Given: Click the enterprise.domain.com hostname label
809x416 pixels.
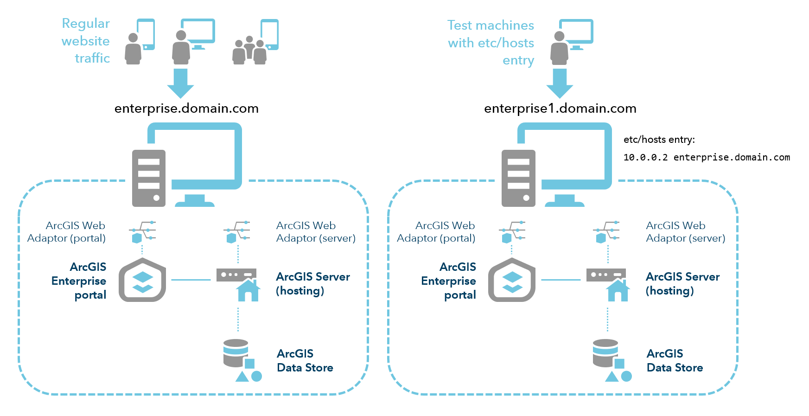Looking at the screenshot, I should click(x=186, y=109).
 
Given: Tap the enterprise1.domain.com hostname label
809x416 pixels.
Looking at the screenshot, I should click(x=560, y=109).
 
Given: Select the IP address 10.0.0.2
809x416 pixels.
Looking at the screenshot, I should click(x=645, y=158).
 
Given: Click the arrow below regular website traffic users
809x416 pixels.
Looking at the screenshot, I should click(x=180, y=83).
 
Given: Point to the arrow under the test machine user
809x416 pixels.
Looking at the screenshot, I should click(x=560, y=83).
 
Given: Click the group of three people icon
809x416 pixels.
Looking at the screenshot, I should click(x=249, y=51).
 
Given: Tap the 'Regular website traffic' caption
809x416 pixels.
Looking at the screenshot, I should click(x=86, y=41).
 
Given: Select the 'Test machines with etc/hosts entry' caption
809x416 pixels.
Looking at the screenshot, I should click(x=491, y=43).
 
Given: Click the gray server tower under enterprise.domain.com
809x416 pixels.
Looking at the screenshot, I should click(x=148, y=178).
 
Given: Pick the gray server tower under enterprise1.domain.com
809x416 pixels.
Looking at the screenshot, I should click(x=518, y=178).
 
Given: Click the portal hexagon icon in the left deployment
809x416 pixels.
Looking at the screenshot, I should click(x=142, y=280).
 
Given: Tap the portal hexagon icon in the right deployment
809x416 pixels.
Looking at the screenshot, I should click(x=512, y=280).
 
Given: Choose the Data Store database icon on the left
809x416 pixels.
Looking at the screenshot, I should click(x=236, y=354).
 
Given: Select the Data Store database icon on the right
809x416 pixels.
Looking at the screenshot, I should click(x=606, y=354).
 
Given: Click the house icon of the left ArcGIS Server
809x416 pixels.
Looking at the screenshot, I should click(x=248, y=291).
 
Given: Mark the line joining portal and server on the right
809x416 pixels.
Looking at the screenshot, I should click(x=561, y=280).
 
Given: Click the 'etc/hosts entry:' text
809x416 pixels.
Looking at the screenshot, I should click(x=659, y=140).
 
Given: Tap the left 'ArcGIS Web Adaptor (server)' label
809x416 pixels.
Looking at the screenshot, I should click(x=315, y=232).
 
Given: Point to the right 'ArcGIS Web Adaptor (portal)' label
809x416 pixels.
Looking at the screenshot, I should click(x=436, y=232).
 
